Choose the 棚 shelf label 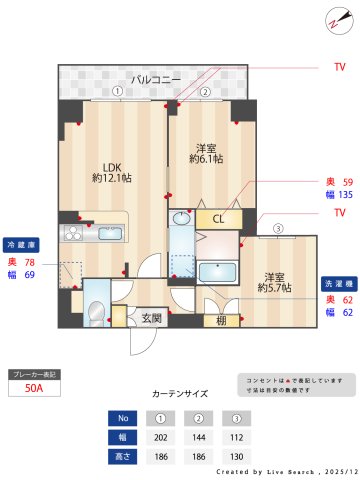[x=220, y=320]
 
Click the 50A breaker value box [x=34, y=389]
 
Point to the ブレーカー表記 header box [x=34, y=374]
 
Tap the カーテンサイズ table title [x=180, y=394]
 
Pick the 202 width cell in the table [x=159, y=437]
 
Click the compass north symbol [x=335, y=22]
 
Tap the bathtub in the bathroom [x=216, y=272]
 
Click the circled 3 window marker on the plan [x=277, y=228]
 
